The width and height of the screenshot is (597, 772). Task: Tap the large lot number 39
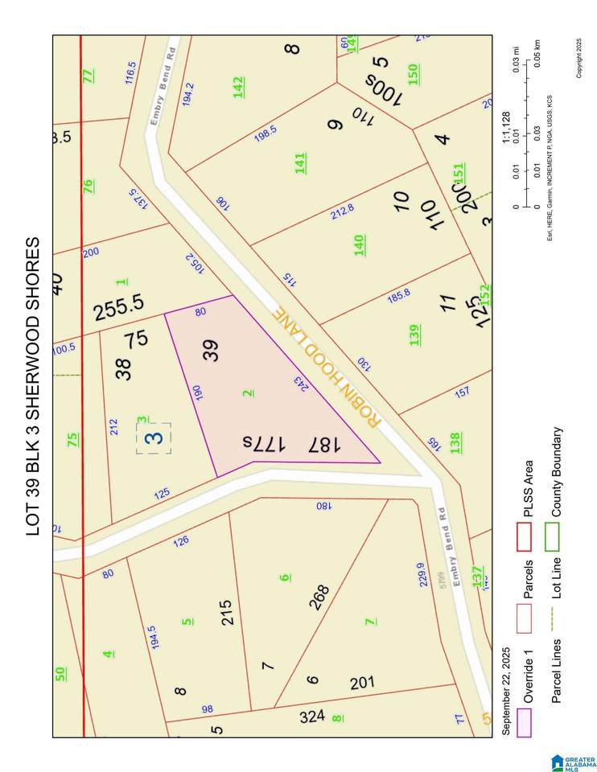212,351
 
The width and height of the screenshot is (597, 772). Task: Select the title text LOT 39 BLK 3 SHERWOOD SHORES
33,386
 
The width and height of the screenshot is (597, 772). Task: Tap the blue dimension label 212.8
342,212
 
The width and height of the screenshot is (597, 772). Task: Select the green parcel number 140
360,244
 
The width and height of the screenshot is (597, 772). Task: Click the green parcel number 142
239,87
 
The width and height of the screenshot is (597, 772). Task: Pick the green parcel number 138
455,443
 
